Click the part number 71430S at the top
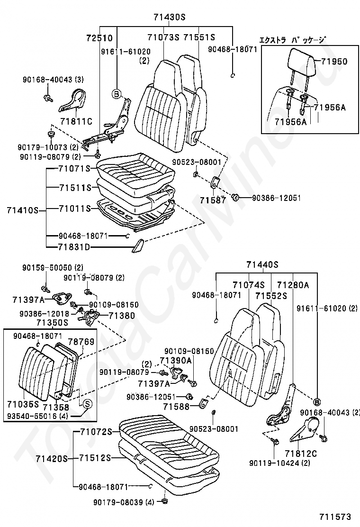(170, 17)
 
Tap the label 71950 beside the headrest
(334, 62)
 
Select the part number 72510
(99, 38)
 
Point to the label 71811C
(76, 121)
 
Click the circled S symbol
(87, 403)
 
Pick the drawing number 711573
(335, 517)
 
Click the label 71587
(213, 200)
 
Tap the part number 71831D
(74, 247)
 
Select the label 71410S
(23, 210)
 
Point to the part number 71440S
(262, 264)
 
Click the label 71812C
(301, 454)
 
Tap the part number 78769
(81, 342)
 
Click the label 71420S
(52, 458)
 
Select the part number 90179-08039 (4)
(124, 502)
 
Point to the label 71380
(122, 316)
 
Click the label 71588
(176, 407)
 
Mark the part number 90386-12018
(45, 314)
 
